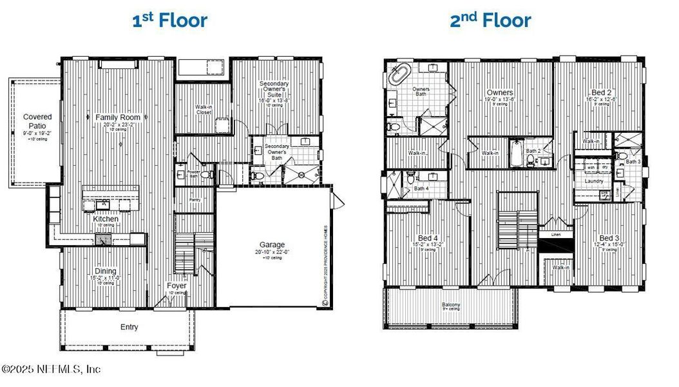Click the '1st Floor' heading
tap(169, 20)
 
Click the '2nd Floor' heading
tap(490, 20)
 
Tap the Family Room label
tap(118, 117)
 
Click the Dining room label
tap(106, 272)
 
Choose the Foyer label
tap(177, 285)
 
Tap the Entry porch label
tap(129, 327)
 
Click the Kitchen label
tap(106, 219)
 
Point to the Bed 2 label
tap(601, 92)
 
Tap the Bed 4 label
tap(424, 238)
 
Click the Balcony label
tap(451, 304)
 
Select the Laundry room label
tap(593, 181)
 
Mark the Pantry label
tap(195, 200)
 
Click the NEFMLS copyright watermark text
tap(52, 370)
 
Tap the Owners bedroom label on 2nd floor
tap(500, 92)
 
